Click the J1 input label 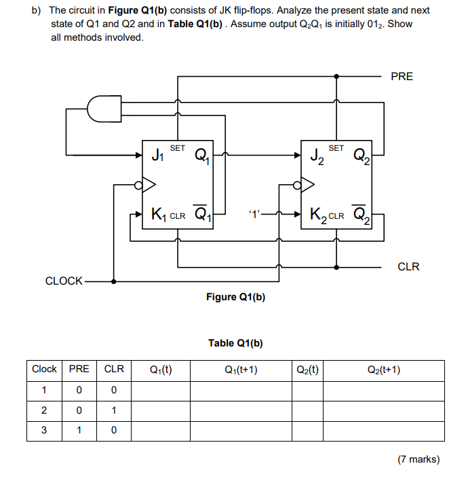tap(157, 156)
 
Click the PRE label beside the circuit tap(402, 76)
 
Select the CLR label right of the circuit tap(408, 266)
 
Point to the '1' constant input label tap(254, 215)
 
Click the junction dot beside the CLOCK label tap(114, 281)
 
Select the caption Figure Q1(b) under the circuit tap(235, 297)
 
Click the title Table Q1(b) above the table tap(235, 343)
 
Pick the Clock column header tap(44, 370)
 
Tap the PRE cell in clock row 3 tap(79, 430)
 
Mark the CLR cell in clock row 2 tap(113, 410)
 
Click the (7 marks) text tap(418, 459)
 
